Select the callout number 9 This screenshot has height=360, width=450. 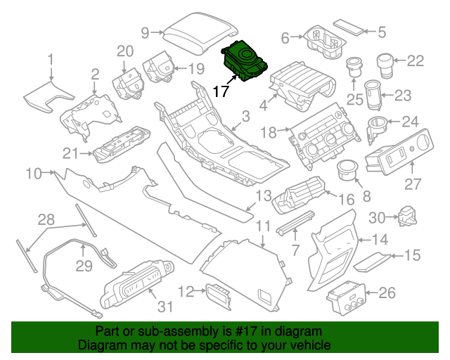(146, 32)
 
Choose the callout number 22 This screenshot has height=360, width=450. (416, 61)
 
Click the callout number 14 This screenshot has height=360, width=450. (380, 239)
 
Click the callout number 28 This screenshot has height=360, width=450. (46, 220)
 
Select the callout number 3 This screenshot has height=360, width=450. (245, 115)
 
